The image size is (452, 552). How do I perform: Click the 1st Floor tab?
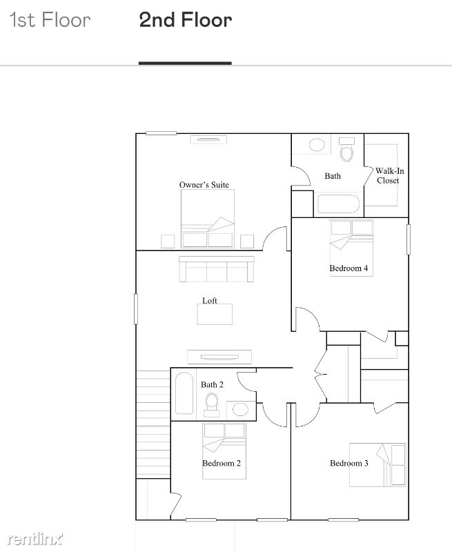point(50,20)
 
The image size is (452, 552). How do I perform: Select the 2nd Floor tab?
point(186,20)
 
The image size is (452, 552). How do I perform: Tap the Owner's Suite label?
point(204,185)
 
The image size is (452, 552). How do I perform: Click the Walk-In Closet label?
point(389,176)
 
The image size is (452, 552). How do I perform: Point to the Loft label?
point(210,301)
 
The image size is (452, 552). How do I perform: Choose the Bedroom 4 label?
point(348,268)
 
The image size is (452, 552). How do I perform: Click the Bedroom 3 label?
point(349,463)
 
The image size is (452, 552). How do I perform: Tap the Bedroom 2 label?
point(222,463)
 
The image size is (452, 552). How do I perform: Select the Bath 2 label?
point(212,385)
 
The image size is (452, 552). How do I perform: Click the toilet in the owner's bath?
point(346,149)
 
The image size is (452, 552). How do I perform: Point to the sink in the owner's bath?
point(317,145)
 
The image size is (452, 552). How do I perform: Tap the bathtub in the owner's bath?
point(338,204)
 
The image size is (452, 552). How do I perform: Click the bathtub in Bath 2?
point(184,393)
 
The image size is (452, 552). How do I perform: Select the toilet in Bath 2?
point(212,405)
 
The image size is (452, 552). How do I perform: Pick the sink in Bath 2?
point(240,410)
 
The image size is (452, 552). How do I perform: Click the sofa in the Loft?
point(217,269)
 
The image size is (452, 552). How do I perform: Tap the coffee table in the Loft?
point(215,315)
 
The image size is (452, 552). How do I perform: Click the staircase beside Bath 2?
point(153,424)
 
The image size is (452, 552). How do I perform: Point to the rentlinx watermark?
point(35,539)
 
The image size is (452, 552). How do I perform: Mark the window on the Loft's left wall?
point(136,308)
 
